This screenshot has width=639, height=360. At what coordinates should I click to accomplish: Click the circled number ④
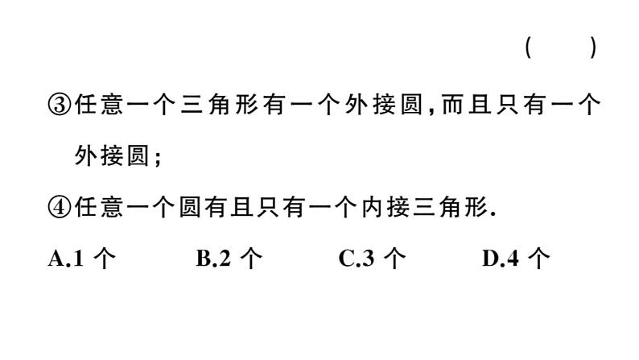click(x=60, y=207)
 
